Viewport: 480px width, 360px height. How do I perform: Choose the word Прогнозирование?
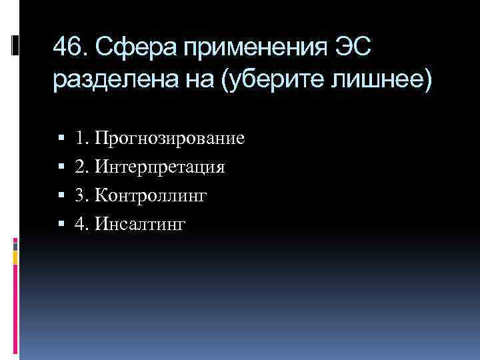click(x=169, y=139)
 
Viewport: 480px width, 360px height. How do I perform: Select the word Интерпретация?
click(x=160, y=167)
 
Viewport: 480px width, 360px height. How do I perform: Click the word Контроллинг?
click(x=152, y=196)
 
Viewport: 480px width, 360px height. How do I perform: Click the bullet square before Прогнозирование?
click(x=61, y=139)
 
